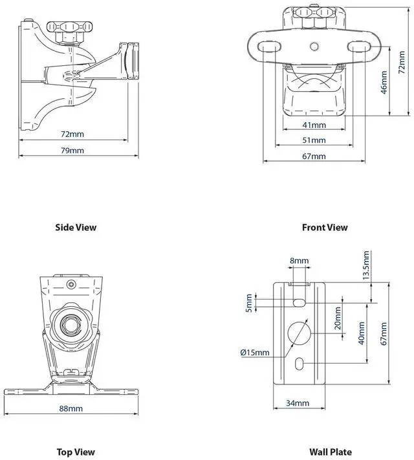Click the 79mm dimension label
[73, 151]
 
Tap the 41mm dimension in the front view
[315, 125]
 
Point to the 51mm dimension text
[315, 140]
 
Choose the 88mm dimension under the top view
[72, 408]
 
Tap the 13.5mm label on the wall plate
[366, 266]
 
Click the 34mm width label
[298, 403]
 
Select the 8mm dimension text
[300, 261]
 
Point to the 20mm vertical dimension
[338, 318]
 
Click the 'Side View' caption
[76, 227]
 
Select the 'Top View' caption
[76, 452]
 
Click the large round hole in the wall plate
[298, 332]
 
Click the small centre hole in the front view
[314, 47]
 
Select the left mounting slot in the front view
[270, 47]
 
